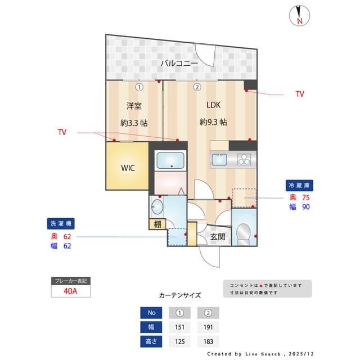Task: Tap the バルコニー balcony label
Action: (179, 64)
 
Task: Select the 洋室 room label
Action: (134, 105)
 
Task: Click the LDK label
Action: (214, 105)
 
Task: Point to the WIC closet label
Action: (128, 168)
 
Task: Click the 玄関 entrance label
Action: (218, 237)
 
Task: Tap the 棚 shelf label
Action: (157, 224)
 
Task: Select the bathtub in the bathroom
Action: (170, 161)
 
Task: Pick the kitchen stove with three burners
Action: (244, 160)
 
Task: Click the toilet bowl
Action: (244, 232)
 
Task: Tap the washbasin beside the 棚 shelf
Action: (157, 207)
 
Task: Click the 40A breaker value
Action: (70, 292)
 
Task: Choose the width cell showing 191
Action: (208, 327)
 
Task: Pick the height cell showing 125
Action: (179, 341)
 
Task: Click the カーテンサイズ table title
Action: (179, 295)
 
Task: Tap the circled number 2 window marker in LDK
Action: (197, 87)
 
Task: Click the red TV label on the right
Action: (300, 94)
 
